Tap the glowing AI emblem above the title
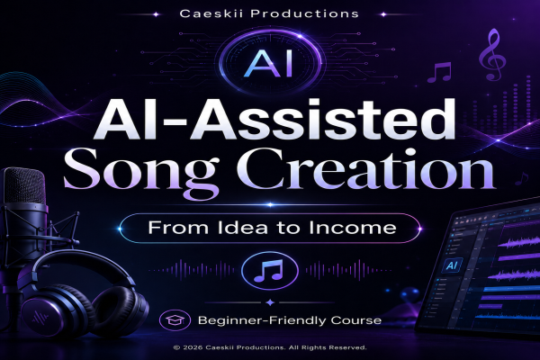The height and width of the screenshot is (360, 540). point(270,63)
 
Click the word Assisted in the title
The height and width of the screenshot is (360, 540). point(323,119)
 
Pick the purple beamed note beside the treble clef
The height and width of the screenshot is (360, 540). point(439,72)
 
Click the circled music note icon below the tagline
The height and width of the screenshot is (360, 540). point(270,270)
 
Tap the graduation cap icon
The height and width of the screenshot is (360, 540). point(175,320)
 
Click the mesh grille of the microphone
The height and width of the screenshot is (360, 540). point(25,186)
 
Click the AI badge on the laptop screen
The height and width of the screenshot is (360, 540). point(452,265)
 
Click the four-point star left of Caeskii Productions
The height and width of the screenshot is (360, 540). point(156,14)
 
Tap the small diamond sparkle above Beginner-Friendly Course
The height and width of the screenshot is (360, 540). point(270,302)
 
